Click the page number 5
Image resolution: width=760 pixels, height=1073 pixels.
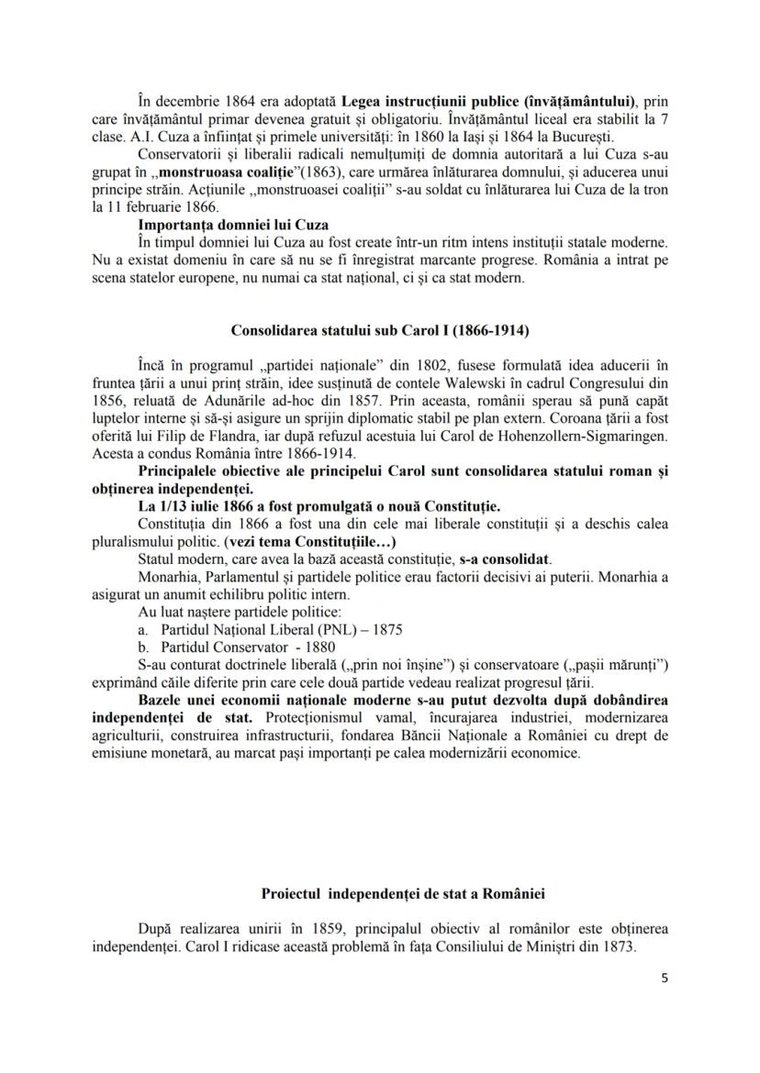coord(665,978)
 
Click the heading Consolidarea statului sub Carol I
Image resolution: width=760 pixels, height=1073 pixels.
coord(380,328)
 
